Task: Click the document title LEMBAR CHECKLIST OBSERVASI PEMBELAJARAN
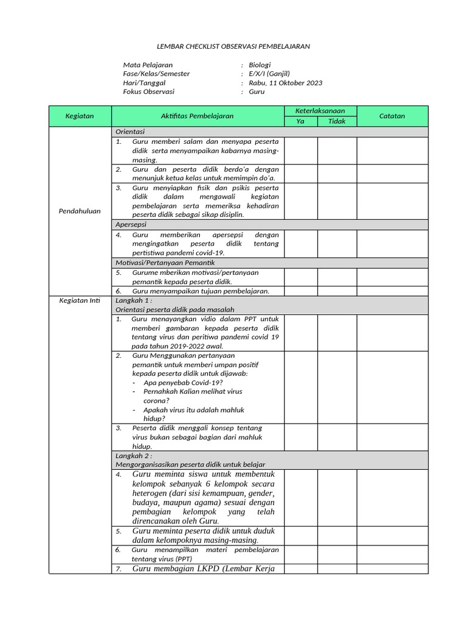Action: click(234, 46)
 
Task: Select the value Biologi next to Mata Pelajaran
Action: click(260, 65)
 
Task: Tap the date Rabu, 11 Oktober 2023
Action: click(285, 83)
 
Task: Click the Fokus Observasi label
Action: click(149, 92)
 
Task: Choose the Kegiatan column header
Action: click(80, 116)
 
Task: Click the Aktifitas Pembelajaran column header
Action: click(197, 116)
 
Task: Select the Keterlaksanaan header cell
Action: click(320, 111)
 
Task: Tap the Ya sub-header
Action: click(300, 121)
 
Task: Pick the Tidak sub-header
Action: click(336, 121)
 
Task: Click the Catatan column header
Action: click(392, 116)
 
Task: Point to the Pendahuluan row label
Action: click(80, 211)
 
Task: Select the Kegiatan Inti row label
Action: click(80, 301)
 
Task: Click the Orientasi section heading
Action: click(130, 132)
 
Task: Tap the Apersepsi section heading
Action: click(130, 224)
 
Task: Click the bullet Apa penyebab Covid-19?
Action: click(183, 382)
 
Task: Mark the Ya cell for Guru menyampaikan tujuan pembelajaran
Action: click(300, 291)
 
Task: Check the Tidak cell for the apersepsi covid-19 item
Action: click(336, 243)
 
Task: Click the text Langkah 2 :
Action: click(133, 456)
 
